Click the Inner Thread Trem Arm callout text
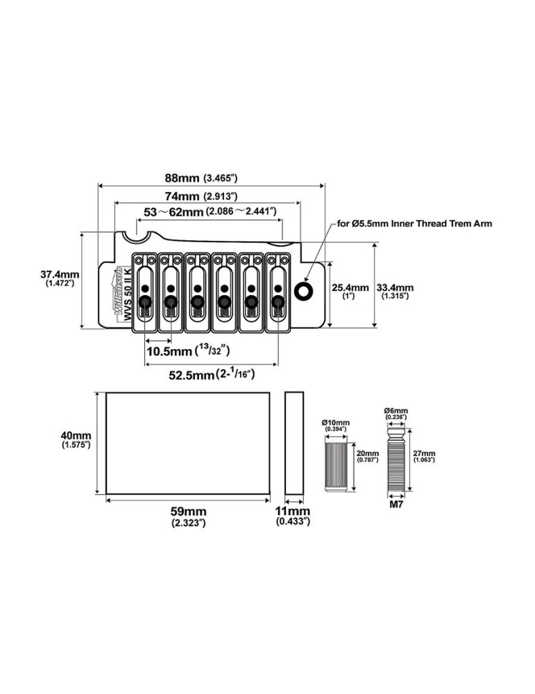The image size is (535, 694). point(414,223)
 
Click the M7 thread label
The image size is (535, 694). point(395,507)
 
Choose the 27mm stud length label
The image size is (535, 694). point(424,455)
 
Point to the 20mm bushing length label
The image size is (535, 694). point(367,455)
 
